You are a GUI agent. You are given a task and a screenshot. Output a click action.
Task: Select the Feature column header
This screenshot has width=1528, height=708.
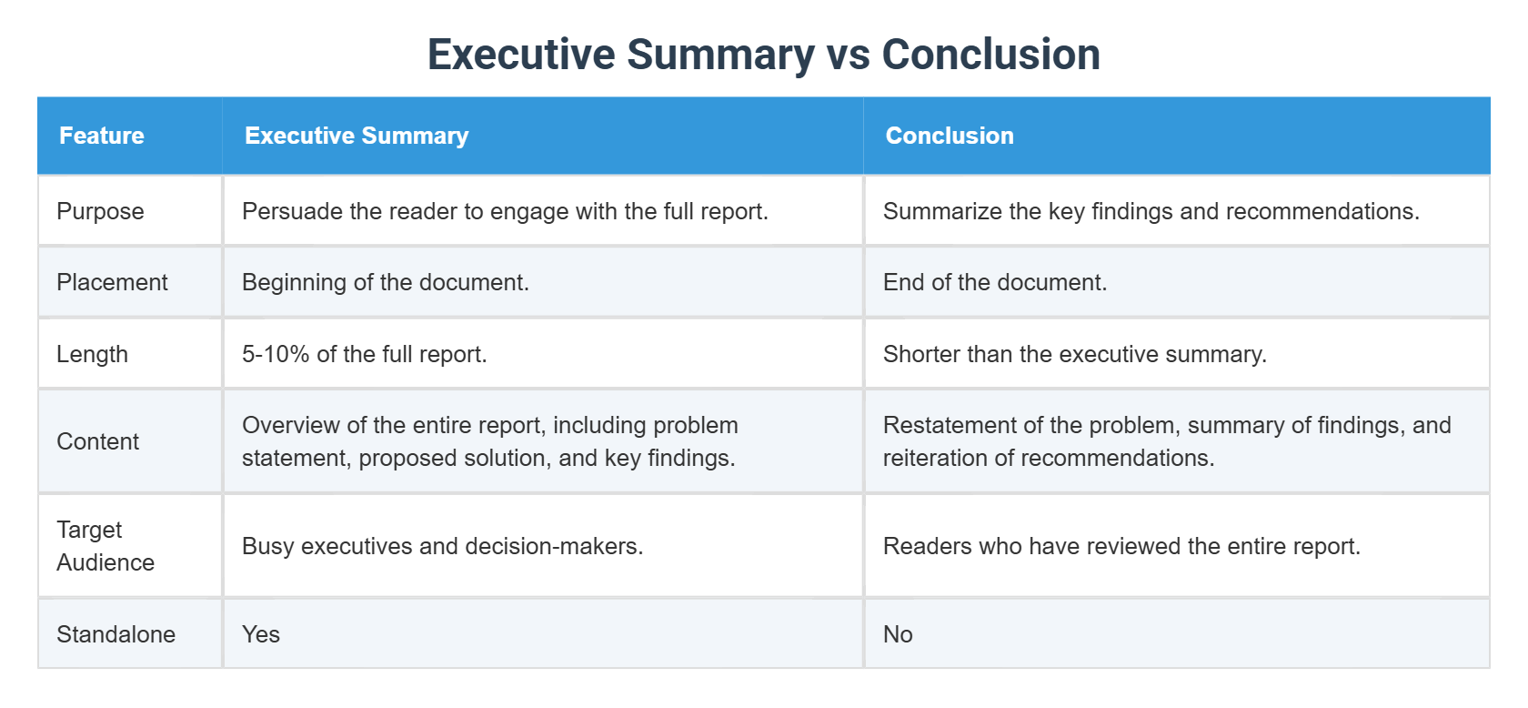click(x=102, y=136)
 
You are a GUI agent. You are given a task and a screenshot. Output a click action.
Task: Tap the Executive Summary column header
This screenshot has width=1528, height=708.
click(x=357, y=136)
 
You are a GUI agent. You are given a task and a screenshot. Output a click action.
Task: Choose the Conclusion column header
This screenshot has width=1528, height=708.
click(x=950, y=136)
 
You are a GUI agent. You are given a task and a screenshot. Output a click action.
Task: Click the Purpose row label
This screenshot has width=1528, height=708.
click(x=100, y=211)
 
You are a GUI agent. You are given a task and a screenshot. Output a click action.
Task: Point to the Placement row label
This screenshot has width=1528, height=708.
click(x=112, y=282)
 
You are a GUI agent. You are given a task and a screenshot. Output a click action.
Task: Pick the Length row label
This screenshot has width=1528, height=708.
click(x=92, y=354)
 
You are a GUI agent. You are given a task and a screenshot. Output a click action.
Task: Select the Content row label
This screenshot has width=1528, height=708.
click(x=97, y=441)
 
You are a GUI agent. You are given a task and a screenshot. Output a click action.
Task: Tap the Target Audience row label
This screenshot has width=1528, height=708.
click(x=105, y=546)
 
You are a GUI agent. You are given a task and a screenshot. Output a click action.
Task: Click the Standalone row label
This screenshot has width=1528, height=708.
click(x=116, y=634)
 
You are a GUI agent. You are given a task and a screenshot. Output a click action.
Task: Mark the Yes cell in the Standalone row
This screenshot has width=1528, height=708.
click(x=261, y=634)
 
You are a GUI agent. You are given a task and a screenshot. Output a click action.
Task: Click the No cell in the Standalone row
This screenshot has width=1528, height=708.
click(x=898, y=634)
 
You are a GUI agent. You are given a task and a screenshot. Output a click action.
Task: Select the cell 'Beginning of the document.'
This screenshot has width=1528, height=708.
click(x=386, y=282)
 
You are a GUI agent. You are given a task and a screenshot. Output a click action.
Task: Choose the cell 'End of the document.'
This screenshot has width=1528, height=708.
click(x=995, y=282)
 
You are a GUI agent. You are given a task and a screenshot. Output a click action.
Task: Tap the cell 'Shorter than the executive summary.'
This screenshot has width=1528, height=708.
click(x=1075, y=354)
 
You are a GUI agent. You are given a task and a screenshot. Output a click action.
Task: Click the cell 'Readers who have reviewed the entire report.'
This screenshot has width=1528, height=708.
click(x=1121, y=546)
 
